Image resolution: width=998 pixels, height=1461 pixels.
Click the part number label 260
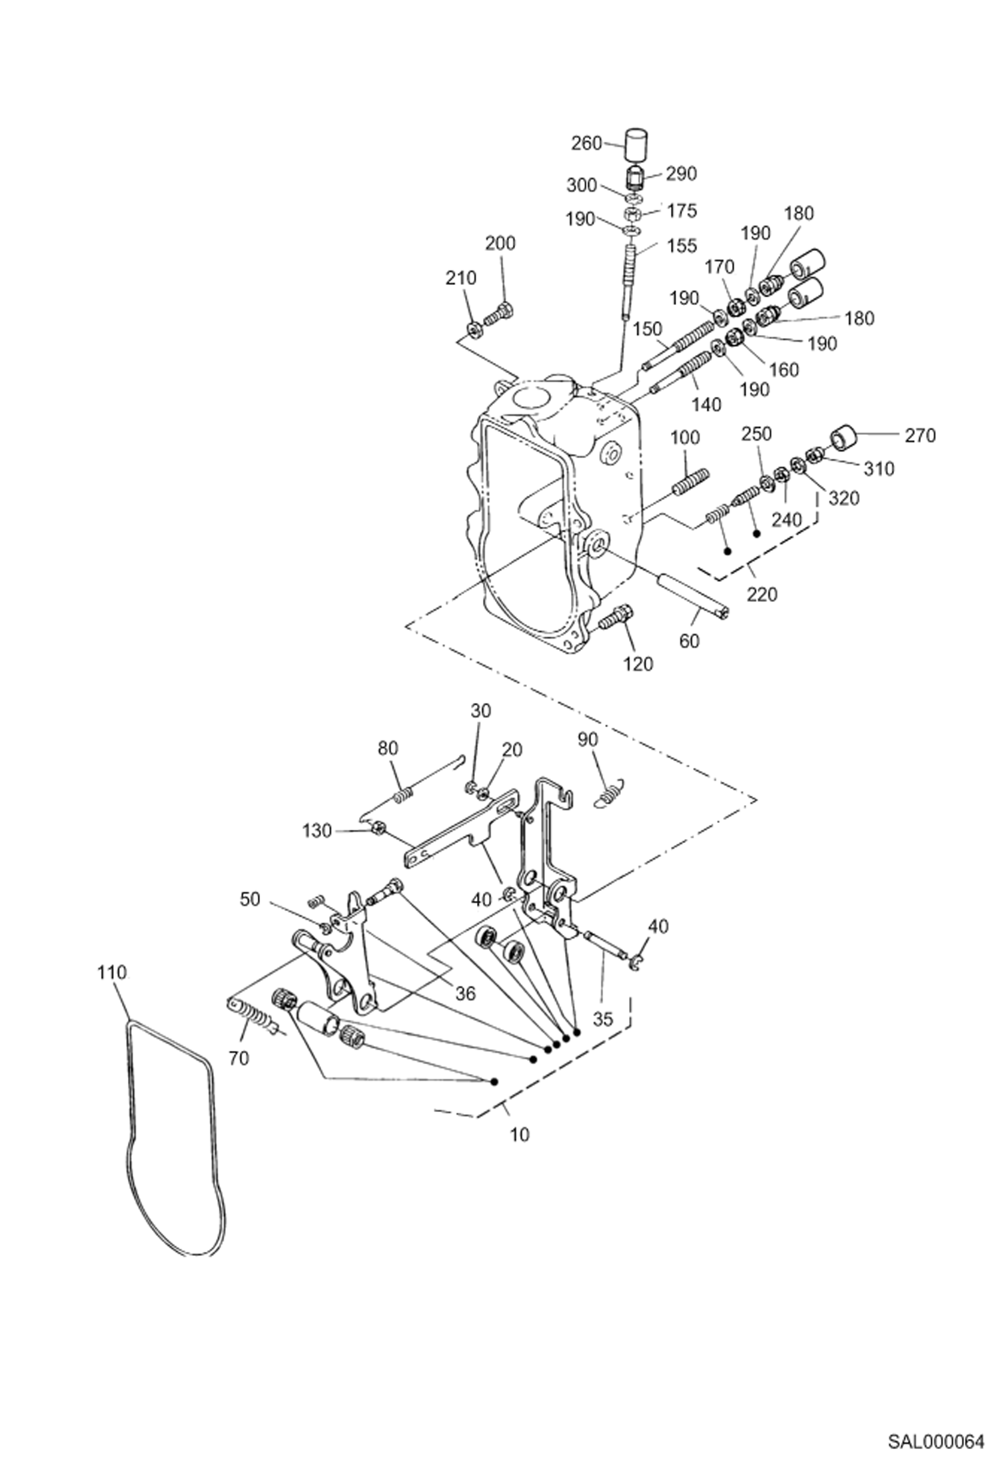click(587, 143)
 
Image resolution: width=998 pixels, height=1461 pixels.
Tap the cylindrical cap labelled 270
click(843, 440)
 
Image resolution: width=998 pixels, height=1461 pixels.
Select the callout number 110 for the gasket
click(111, 972)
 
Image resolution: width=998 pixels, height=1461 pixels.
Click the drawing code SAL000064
click(935, 1437)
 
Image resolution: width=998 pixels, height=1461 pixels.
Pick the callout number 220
click(761, 593)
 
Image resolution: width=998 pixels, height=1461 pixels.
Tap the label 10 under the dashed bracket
click(520, 1134)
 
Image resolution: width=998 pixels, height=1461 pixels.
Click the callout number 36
click(466, 993)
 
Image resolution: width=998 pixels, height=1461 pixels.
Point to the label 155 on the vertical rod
click(681, 246)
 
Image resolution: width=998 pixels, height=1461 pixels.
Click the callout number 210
click(461, 278)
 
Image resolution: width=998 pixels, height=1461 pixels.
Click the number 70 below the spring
click(239, 1057)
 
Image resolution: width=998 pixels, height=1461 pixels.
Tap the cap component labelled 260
click(636, 145)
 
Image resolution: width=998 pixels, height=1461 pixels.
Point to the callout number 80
click(388, 748)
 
